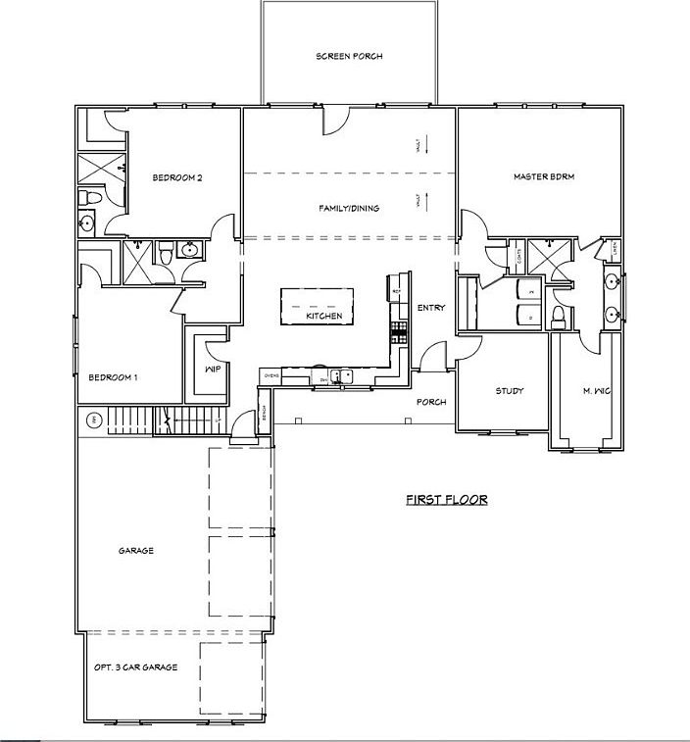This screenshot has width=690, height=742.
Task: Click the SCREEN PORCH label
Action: point(349,57)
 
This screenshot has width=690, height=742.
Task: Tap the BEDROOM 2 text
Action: point(177,177)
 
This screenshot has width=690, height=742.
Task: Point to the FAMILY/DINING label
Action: point(349,208)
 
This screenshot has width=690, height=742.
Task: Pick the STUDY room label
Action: point(509,391)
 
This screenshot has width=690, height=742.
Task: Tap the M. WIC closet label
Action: point(596,391)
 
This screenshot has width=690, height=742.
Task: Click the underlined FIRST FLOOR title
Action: point(447,500)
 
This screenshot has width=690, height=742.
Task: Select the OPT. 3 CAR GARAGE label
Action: point(135,668)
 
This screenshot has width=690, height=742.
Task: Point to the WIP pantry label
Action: point(212,370)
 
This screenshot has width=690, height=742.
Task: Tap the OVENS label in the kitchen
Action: point(271,375)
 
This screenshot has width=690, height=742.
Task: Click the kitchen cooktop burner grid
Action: point(399,329)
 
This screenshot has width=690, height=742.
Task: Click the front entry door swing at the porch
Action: point(431,356)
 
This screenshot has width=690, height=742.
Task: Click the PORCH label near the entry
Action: point(431,402)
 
